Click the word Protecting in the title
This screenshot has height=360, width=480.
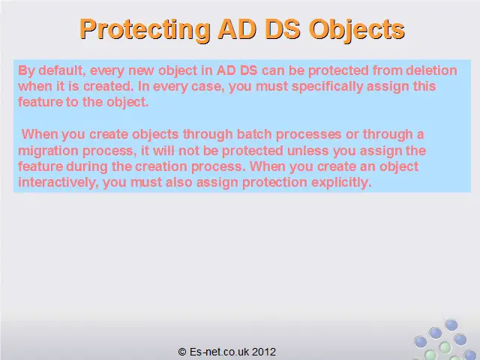(145, 29)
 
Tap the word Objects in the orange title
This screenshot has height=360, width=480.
(357, 29)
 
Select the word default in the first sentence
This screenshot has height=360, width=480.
(62, 70)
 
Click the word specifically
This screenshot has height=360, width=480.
(327, 86)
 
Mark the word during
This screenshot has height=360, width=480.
(87, 166)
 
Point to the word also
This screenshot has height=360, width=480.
(178, 182)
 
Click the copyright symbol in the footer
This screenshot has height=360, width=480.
(182, 352)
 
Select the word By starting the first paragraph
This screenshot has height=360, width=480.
(26, 70)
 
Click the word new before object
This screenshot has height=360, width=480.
(141, 70)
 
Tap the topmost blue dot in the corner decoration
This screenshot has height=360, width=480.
(451, 325)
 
